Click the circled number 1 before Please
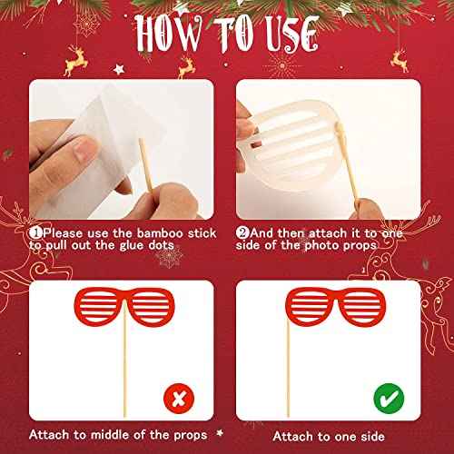(x=35, y=232)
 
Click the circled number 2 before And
(x=244, y=232)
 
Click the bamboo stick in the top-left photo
(x=142, y=168)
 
